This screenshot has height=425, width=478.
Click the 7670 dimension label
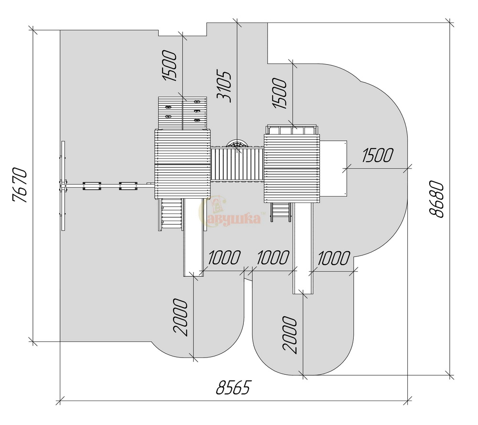pos(20,185)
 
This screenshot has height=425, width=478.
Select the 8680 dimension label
pos(436,199)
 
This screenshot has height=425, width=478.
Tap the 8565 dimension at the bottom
pos(233,388)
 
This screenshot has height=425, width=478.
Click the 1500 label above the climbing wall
pos(169,66)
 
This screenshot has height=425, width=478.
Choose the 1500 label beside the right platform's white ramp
pos(378,155)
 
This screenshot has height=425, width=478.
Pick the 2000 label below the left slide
pos(180,317)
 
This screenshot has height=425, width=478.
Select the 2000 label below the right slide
pos(289,335)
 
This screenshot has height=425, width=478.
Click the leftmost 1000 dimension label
pos(224,257)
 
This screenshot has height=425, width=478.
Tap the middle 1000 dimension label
pos(273,257)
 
